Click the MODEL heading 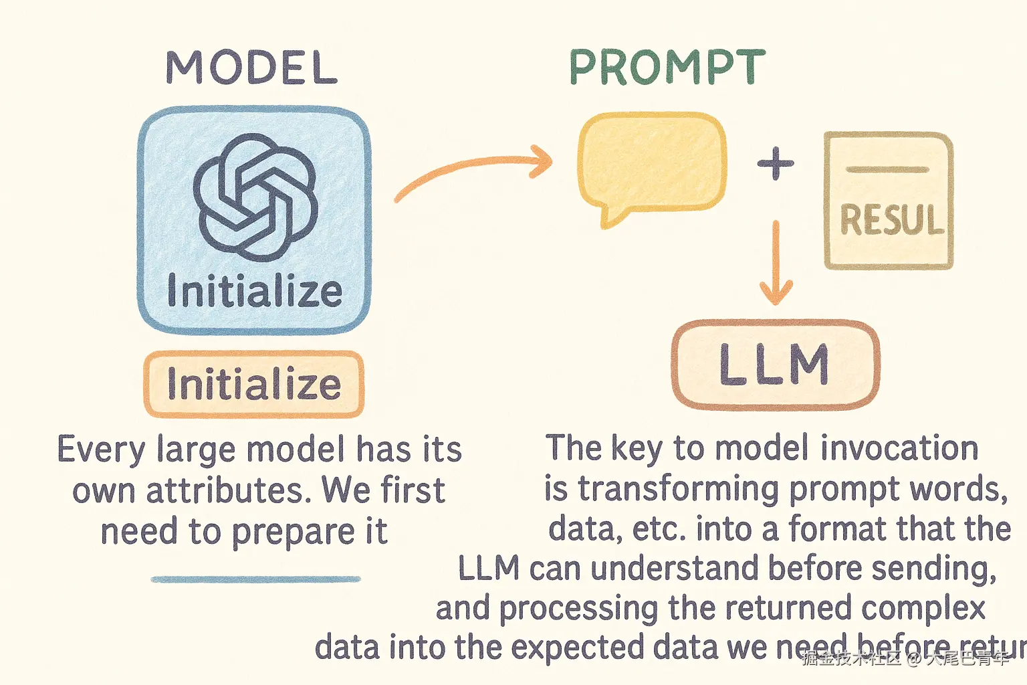(251, 68)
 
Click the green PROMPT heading (667, 68)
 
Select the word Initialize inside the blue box (255, 292)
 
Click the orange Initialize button (254, 385)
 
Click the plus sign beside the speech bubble (776, 164)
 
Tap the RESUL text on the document (891, 220)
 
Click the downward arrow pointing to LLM (776, 264)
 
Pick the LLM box (775, 365)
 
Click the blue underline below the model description (255, 579)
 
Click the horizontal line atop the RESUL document (888, 170)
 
